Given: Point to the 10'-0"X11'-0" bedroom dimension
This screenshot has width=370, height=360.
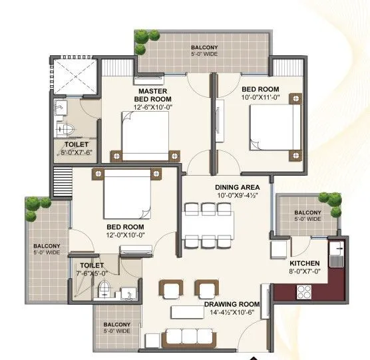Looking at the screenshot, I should coord(260,96).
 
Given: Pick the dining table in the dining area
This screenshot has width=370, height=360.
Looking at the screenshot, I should coord(208,226).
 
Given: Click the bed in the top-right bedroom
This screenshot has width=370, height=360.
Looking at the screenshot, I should coord(274,129).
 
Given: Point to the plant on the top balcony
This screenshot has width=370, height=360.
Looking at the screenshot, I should coord(142,42).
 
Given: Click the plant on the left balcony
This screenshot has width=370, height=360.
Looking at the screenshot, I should coord(34,210).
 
